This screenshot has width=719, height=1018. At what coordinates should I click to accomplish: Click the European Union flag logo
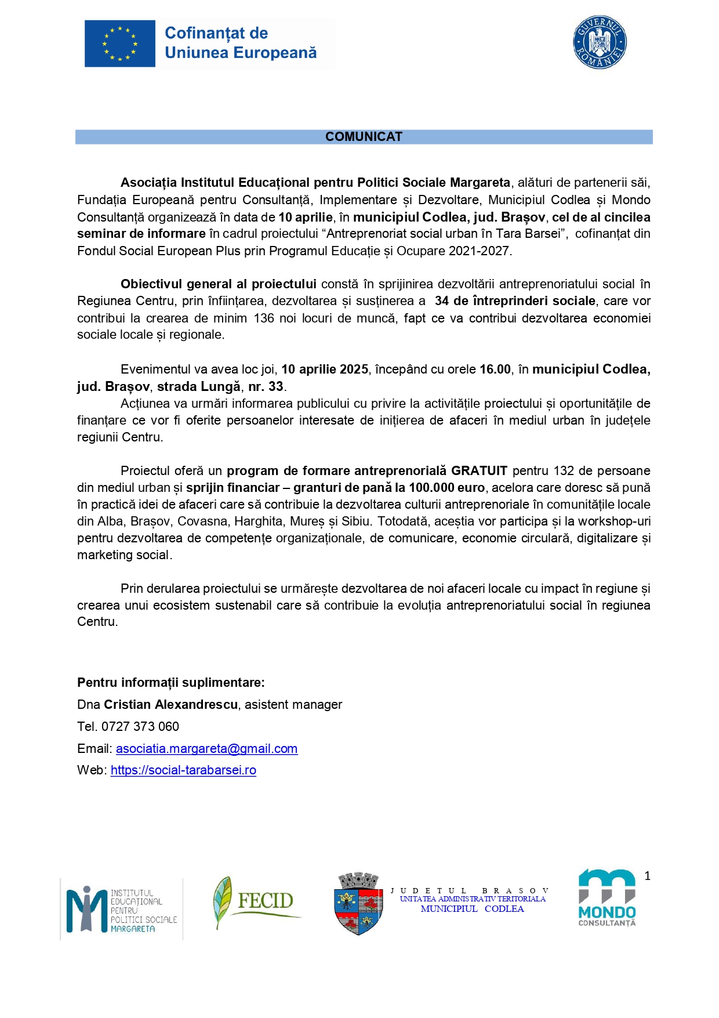tap(120, 44)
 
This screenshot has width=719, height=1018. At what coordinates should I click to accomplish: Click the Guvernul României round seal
tap(600, 42)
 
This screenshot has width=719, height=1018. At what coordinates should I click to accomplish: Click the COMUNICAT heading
tap(364, 137)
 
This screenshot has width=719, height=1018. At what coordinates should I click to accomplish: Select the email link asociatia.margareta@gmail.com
tap(206, 749)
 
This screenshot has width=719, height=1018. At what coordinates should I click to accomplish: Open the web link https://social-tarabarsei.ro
tap(183, 770)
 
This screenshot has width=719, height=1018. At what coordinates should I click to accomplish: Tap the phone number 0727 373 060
tap(140, 727)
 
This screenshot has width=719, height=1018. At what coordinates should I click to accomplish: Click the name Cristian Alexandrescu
tap(170, 705)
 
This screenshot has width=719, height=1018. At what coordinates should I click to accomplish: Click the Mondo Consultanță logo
tap(607, 898)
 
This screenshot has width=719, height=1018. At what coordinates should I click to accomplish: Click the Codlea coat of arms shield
tap(358, 904)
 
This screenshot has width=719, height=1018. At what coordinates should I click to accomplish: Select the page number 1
tap(647, 876)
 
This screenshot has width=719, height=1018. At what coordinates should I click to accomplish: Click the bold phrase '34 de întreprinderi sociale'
tap(515, 301)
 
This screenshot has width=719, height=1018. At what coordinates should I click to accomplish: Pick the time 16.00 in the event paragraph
tap(495, 369)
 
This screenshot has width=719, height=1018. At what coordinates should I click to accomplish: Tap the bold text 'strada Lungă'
tap(199, 387)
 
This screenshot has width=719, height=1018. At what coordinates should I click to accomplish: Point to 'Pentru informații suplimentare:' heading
tap(171, 683)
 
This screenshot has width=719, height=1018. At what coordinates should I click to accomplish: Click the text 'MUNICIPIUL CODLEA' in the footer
tap(472, 909)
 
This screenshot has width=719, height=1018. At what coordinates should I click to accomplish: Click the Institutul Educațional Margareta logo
tap(122, 909)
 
